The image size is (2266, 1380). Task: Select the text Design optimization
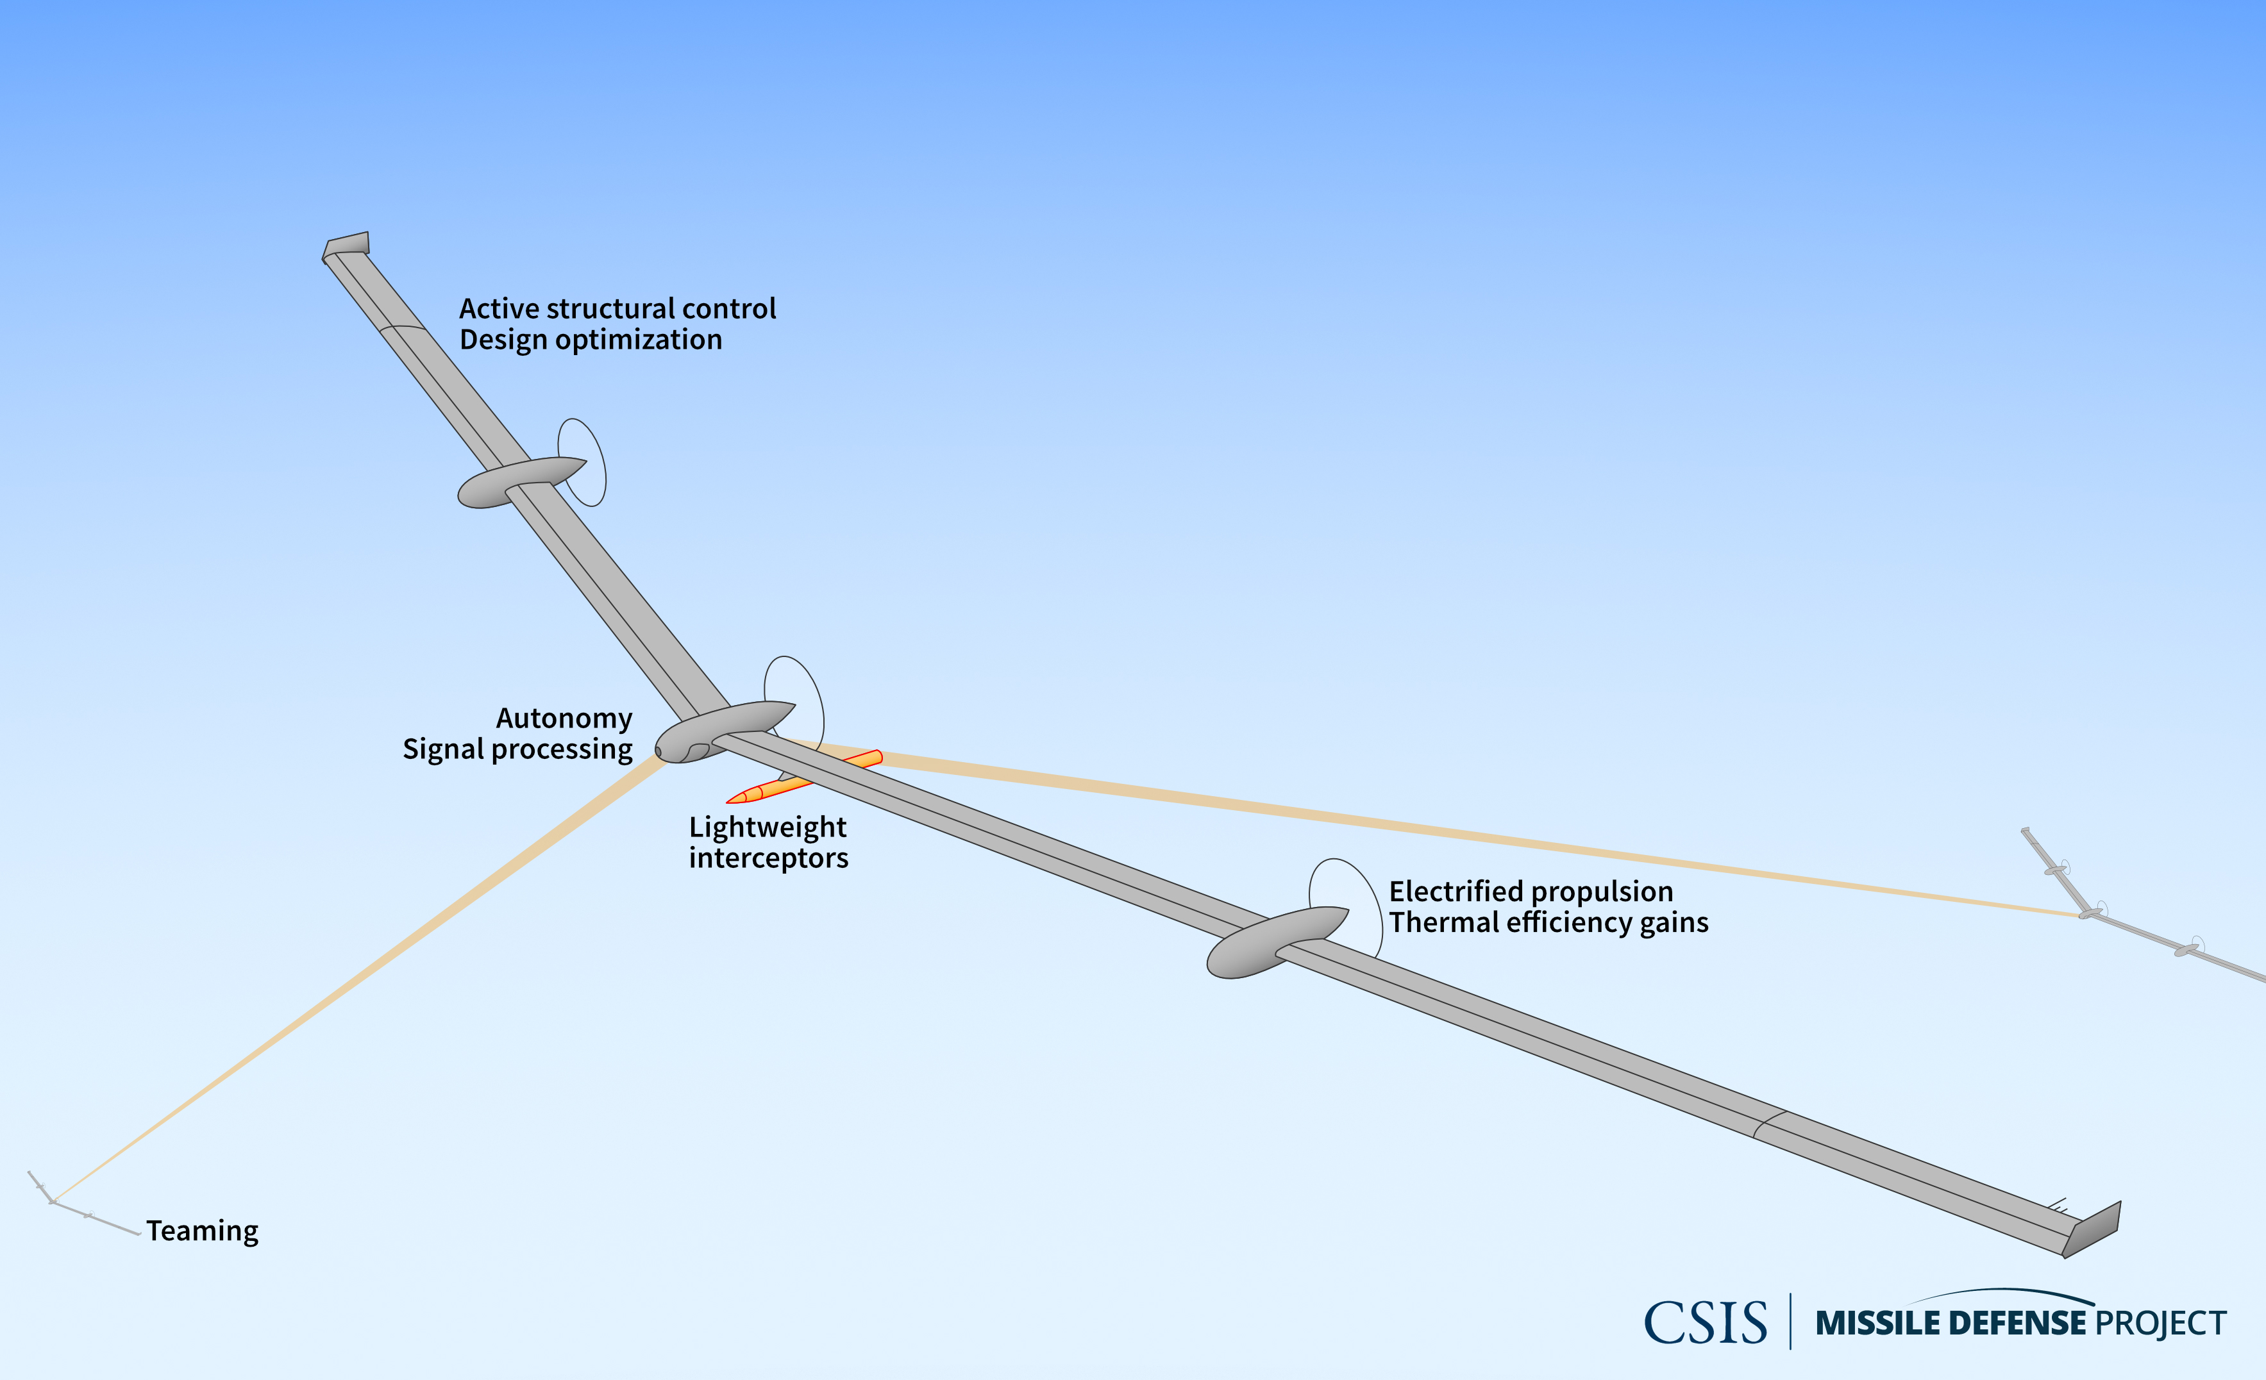click(x=591, y=340)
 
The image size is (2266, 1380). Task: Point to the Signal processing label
click(x=517, y=749)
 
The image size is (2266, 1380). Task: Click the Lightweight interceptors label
click(x=768, y=842)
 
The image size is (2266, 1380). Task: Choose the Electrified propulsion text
click(x=1531, y=891)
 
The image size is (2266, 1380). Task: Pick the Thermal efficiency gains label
click(x=1548, y=922)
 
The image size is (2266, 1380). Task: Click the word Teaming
click(x=203, y=1231)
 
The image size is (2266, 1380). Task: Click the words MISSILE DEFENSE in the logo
click(x=1951, y=1323)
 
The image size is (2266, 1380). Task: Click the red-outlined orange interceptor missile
click(x=804, y=777)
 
